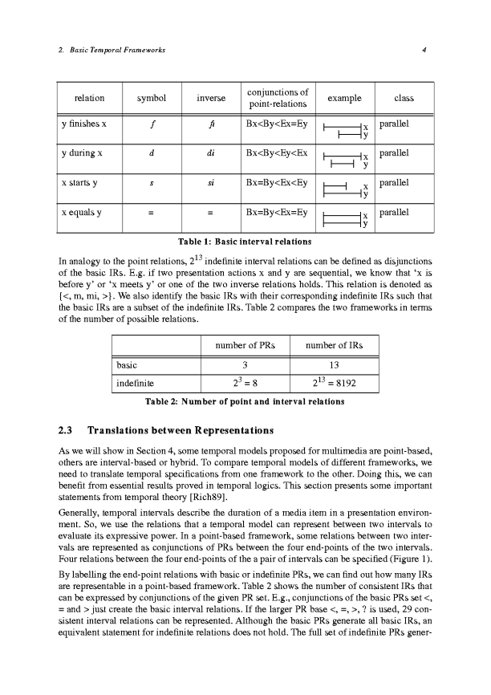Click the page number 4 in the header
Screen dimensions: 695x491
pyautogui.click(x=433, y=51)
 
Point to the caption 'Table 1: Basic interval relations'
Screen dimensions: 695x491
pyautogui.click(x=245, y=239)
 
